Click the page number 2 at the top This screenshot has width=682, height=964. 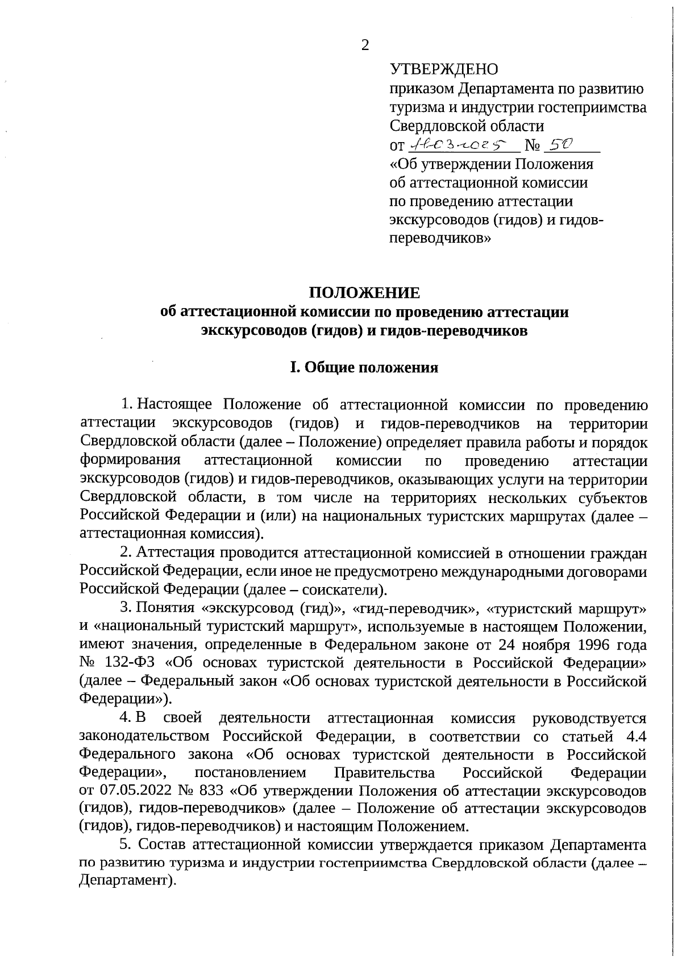[365, 46]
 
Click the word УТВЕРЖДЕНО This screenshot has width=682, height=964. [444, 70]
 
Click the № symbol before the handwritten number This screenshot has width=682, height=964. [533, 146]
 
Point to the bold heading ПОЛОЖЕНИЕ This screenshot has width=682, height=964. [364, 293]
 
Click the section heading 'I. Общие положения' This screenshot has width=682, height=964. [364, 368]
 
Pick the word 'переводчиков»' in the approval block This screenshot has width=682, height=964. [440, 239]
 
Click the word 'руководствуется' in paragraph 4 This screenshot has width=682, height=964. [589, 718]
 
